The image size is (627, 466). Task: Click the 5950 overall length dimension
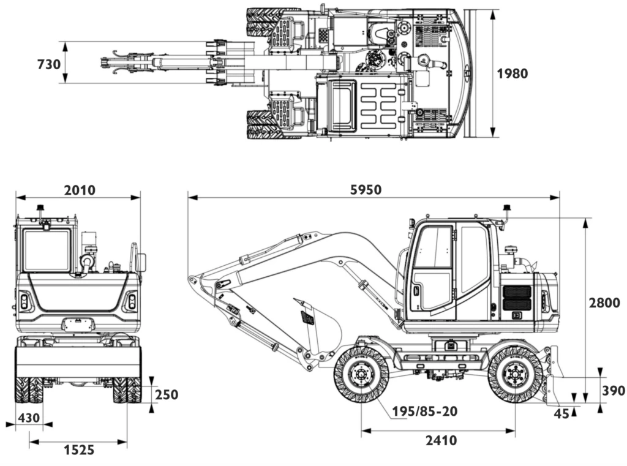[x=366, y=190]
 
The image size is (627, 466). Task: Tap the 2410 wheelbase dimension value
[x=441, y=440]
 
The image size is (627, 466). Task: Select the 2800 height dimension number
[x=604, y=303]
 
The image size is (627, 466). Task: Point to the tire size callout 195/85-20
[x=425, y=411]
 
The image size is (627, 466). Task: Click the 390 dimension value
[x=614, y=390]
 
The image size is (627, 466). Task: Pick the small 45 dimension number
[x=561, y=413]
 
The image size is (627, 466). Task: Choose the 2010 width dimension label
[x=80, y=190]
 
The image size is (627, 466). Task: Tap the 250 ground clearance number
[x=167, y=394]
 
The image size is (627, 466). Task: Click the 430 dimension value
[x=29, y=418]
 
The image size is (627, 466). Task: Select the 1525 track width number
[x=79, y=450]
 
